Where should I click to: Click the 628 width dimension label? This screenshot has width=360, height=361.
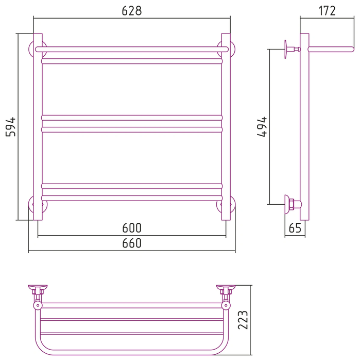[132, 11]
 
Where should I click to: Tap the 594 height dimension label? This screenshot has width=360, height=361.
[11, 127]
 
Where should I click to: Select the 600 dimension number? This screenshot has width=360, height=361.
[132, 228]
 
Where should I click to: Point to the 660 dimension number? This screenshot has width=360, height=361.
[132, 243]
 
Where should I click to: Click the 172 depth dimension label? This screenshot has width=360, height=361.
[327, 11]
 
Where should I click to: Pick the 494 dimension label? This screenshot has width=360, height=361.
[262, 127]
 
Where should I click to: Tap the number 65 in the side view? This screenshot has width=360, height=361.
[295, 228]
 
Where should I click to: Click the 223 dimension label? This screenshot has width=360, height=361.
[243, 320]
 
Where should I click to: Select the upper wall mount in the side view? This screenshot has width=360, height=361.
[292, 49]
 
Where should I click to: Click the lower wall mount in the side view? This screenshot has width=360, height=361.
[293, 204]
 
